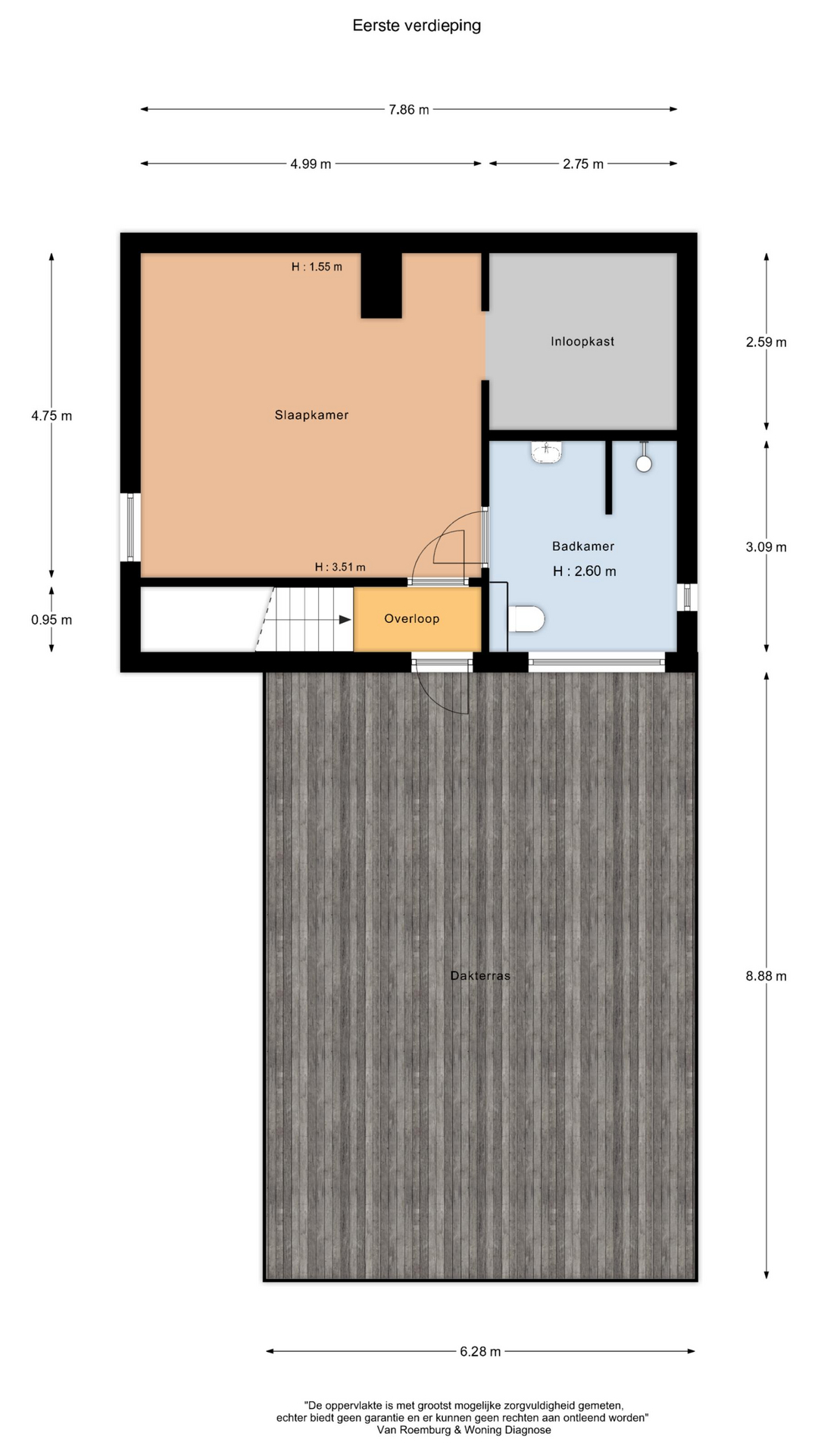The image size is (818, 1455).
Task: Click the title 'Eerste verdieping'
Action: (x=417, y=26)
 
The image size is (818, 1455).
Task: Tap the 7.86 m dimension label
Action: (x=409, y=110)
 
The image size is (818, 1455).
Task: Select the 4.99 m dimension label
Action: (x=311, y=164)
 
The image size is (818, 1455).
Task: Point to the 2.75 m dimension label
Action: (x=583, y=164)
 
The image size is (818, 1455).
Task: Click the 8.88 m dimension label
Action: (x=766, y=976)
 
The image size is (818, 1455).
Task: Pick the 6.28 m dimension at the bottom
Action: (x=480, y=1351)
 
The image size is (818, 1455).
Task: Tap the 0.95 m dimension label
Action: (x=52, y=620)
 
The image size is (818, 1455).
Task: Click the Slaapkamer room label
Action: (x=311, y=415)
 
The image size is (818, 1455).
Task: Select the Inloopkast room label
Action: (x=582, y=342)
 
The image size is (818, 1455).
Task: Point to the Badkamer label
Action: (x=583, y=546)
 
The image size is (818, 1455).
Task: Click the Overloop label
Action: (x=411, y=619)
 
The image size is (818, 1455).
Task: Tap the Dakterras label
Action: (x=480, y=976)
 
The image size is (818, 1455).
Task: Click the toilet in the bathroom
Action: (x=527, y=618)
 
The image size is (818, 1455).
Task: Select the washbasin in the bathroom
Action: (x=547, y=452)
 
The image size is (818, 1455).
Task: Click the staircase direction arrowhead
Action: (x=345, y=620)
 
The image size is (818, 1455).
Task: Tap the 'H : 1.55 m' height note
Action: (x=317, y=267)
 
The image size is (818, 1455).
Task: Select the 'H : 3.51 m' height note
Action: (x=340, y=567)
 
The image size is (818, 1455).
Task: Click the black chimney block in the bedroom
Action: (x=381, y=285)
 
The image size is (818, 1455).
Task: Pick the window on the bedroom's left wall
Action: (x=130, y=527)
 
